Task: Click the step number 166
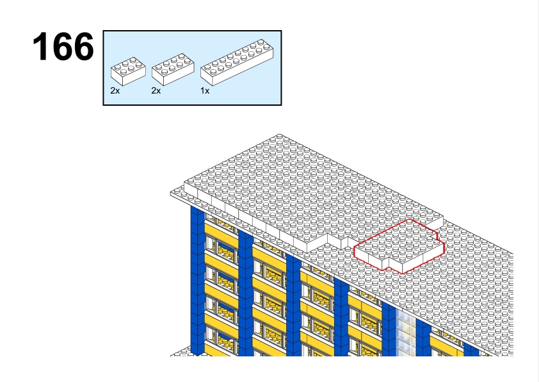pyautogui.click(x=63, y=46)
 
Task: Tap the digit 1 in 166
pyautogui.click(x=41, y=46)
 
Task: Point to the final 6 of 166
pyautogui.click(x=84, y=46)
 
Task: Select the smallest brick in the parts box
pyautogui.click(x=128, y=71)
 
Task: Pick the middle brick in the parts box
pyautogui.click(x=173, y=69)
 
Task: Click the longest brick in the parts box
pyautogui.click(x=237, y=62)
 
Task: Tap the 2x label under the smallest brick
pyautogui.click(x=115, y=90)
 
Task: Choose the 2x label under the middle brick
pyautogui.click(x=156, y=90)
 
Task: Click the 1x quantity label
pyautogui.click(x=205, y=90)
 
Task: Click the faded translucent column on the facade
pyautogui.click(x=406, y=332)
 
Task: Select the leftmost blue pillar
pyautogui.click(x=197, y=281)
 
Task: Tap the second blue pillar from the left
pyautogui.click(x=245, y=292)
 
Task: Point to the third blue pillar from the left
pyautogui.click(x=293, y=304)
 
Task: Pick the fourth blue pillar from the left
pyautogui.click(x=341, y=317)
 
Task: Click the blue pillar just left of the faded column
pyautogui.click(x=389, y=329)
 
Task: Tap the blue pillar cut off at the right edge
pyautogui.click(x=471, y=349)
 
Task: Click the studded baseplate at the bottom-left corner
pyautogui.click(x=181, y=351)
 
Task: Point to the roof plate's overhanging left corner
pyautogui.click(x=171, y=194)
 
